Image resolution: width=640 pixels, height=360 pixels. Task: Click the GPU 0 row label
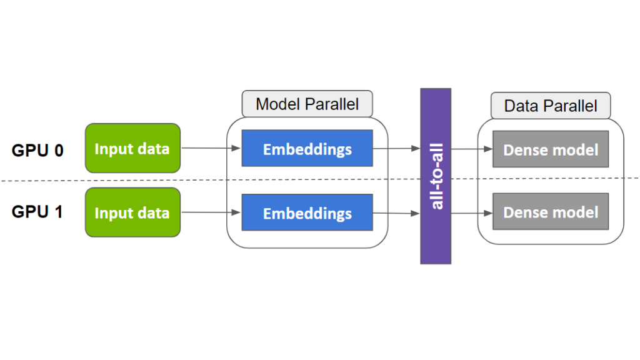tap(37, 150)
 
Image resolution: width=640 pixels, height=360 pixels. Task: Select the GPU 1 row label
tap(37, 212)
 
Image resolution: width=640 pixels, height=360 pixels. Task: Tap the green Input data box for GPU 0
tap(132, 148)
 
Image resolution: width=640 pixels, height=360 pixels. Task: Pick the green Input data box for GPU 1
tap(132, 212)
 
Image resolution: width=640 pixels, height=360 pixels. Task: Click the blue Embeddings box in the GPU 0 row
tap(307, 148)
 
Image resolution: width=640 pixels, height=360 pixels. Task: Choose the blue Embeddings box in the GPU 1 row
tap(307, 212)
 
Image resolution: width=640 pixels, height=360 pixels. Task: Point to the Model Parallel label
tap(307, 104)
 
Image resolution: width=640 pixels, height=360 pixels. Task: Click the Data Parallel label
tap(550, 106)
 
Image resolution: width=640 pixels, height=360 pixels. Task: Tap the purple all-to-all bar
tap(436, 176)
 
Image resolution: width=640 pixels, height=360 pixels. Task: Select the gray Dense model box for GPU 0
tap(551, 149)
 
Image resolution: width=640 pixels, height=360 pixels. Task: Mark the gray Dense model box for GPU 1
tap(551, 212)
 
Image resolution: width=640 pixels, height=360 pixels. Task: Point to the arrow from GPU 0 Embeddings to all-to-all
tap(396, 148)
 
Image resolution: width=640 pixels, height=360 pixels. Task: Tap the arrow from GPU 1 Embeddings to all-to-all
tap(396, 213)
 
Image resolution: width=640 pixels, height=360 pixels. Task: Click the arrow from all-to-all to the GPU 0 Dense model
tap(471, 149)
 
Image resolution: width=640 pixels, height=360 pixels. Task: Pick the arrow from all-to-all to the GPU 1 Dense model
tap(471, 212)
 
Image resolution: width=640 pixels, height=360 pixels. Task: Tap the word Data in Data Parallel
tap(521, 106)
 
